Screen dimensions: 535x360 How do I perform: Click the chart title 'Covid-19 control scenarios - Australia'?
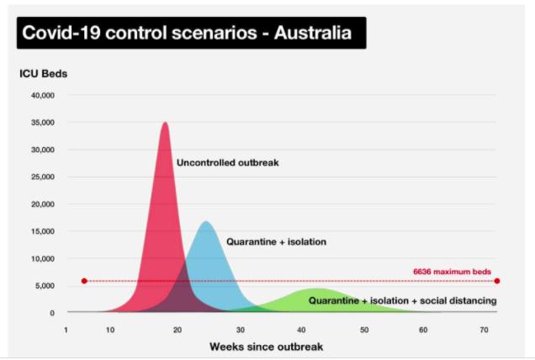[x=187, y=33]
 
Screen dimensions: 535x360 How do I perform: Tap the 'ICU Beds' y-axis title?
[x=44, y=74]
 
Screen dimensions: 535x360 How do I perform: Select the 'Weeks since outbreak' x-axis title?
[x=266, y=347]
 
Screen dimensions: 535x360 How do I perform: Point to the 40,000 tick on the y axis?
[x=43, y=96]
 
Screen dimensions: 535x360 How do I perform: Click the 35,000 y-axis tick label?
[x=43, y=123]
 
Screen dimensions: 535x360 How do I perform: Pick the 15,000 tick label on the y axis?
[x=43, y=231]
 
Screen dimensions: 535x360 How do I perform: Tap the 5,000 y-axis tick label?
[x=45, y=286]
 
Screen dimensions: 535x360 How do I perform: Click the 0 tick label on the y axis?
[x=52, y=313]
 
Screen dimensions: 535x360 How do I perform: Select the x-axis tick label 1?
[x=66, y=330]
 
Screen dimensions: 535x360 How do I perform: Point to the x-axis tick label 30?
[x=241, y=330]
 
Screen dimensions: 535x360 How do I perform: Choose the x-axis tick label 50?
[x=364, y=330]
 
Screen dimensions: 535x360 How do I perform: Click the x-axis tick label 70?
[x=484, y=330]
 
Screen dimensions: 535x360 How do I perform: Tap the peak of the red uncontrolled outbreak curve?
[x=166, y=123]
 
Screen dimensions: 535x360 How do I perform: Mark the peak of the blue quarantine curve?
[x=206, y=221]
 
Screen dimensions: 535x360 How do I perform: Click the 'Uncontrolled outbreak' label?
[x=228, y=163]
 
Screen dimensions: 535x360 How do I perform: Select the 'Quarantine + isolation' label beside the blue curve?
[x=277, y=242]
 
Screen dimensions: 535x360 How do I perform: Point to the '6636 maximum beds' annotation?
[x=452, y=272]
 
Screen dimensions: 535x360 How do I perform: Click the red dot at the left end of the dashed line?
[x=84, y=281]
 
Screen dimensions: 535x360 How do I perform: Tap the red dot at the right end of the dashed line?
[x=497, y=281]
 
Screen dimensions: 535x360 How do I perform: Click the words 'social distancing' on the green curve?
[x=458, y=300]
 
